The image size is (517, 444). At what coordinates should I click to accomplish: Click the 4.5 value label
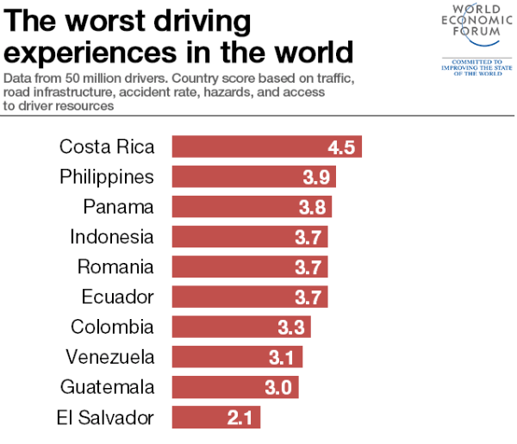click(341, 147)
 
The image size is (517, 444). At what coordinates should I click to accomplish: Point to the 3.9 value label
click(316, 177)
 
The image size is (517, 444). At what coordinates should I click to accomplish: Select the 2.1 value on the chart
click(241, 418)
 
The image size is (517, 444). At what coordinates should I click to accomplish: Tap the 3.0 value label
click(278, 387)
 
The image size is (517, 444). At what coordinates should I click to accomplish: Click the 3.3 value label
click(290, 328)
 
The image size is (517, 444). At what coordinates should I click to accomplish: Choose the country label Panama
click(119, 207)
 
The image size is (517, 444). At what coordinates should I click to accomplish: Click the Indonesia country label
click(112, 237)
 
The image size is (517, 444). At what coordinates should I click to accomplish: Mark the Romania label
click(115, 267)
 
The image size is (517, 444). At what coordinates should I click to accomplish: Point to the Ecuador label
click(117, 297)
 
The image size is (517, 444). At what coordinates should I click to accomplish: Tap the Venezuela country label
click(110, 357)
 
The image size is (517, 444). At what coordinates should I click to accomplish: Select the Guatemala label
click(108, 387)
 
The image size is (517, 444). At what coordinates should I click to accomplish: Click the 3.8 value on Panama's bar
click(312, 207)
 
